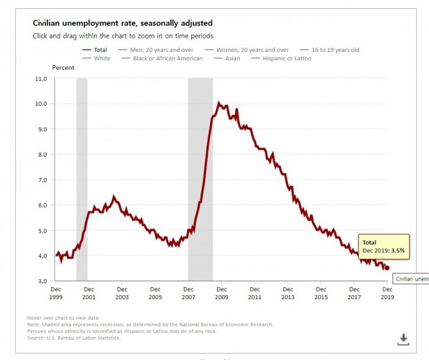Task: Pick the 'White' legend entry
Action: tap(101, 58)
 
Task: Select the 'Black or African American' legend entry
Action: tap(167, 58)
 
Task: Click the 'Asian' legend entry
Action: tap(232, 58)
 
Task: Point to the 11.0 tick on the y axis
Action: tap(41, 79)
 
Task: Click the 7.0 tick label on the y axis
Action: tap(42, 180)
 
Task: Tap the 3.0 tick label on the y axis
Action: tap(42, 281)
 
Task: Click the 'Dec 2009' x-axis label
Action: tap(221, 293)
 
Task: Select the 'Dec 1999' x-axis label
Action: tap(55, 293)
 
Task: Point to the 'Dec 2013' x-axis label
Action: tap(287, 293)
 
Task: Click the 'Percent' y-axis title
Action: tap(63, 67)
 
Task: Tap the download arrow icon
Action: tap(403, 339)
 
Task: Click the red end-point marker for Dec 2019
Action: tap(387, 268)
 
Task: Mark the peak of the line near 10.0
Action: tap(219, 102)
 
